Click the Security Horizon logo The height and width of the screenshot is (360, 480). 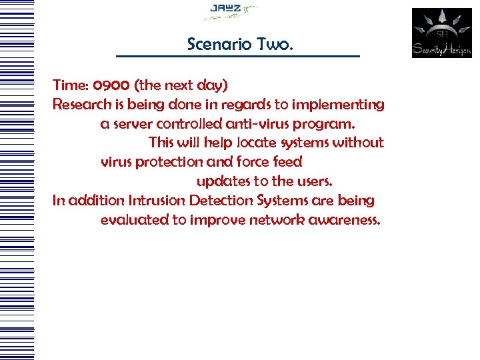(x=441, y=33)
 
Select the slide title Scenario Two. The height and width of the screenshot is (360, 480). (x=240, y=44)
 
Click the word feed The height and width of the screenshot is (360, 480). (x=288, y=162)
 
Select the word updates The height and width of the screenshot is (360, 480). (x=222, y=181)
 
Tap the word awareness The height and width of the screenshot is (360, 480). (x=345, y=220)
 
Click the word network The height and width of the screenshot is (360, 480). (x=277, y=220)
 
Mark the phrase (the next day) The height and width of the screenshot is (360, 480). (x=181, y=85)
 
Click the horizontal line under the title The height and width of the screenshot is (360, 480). (x=237, y=56)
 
